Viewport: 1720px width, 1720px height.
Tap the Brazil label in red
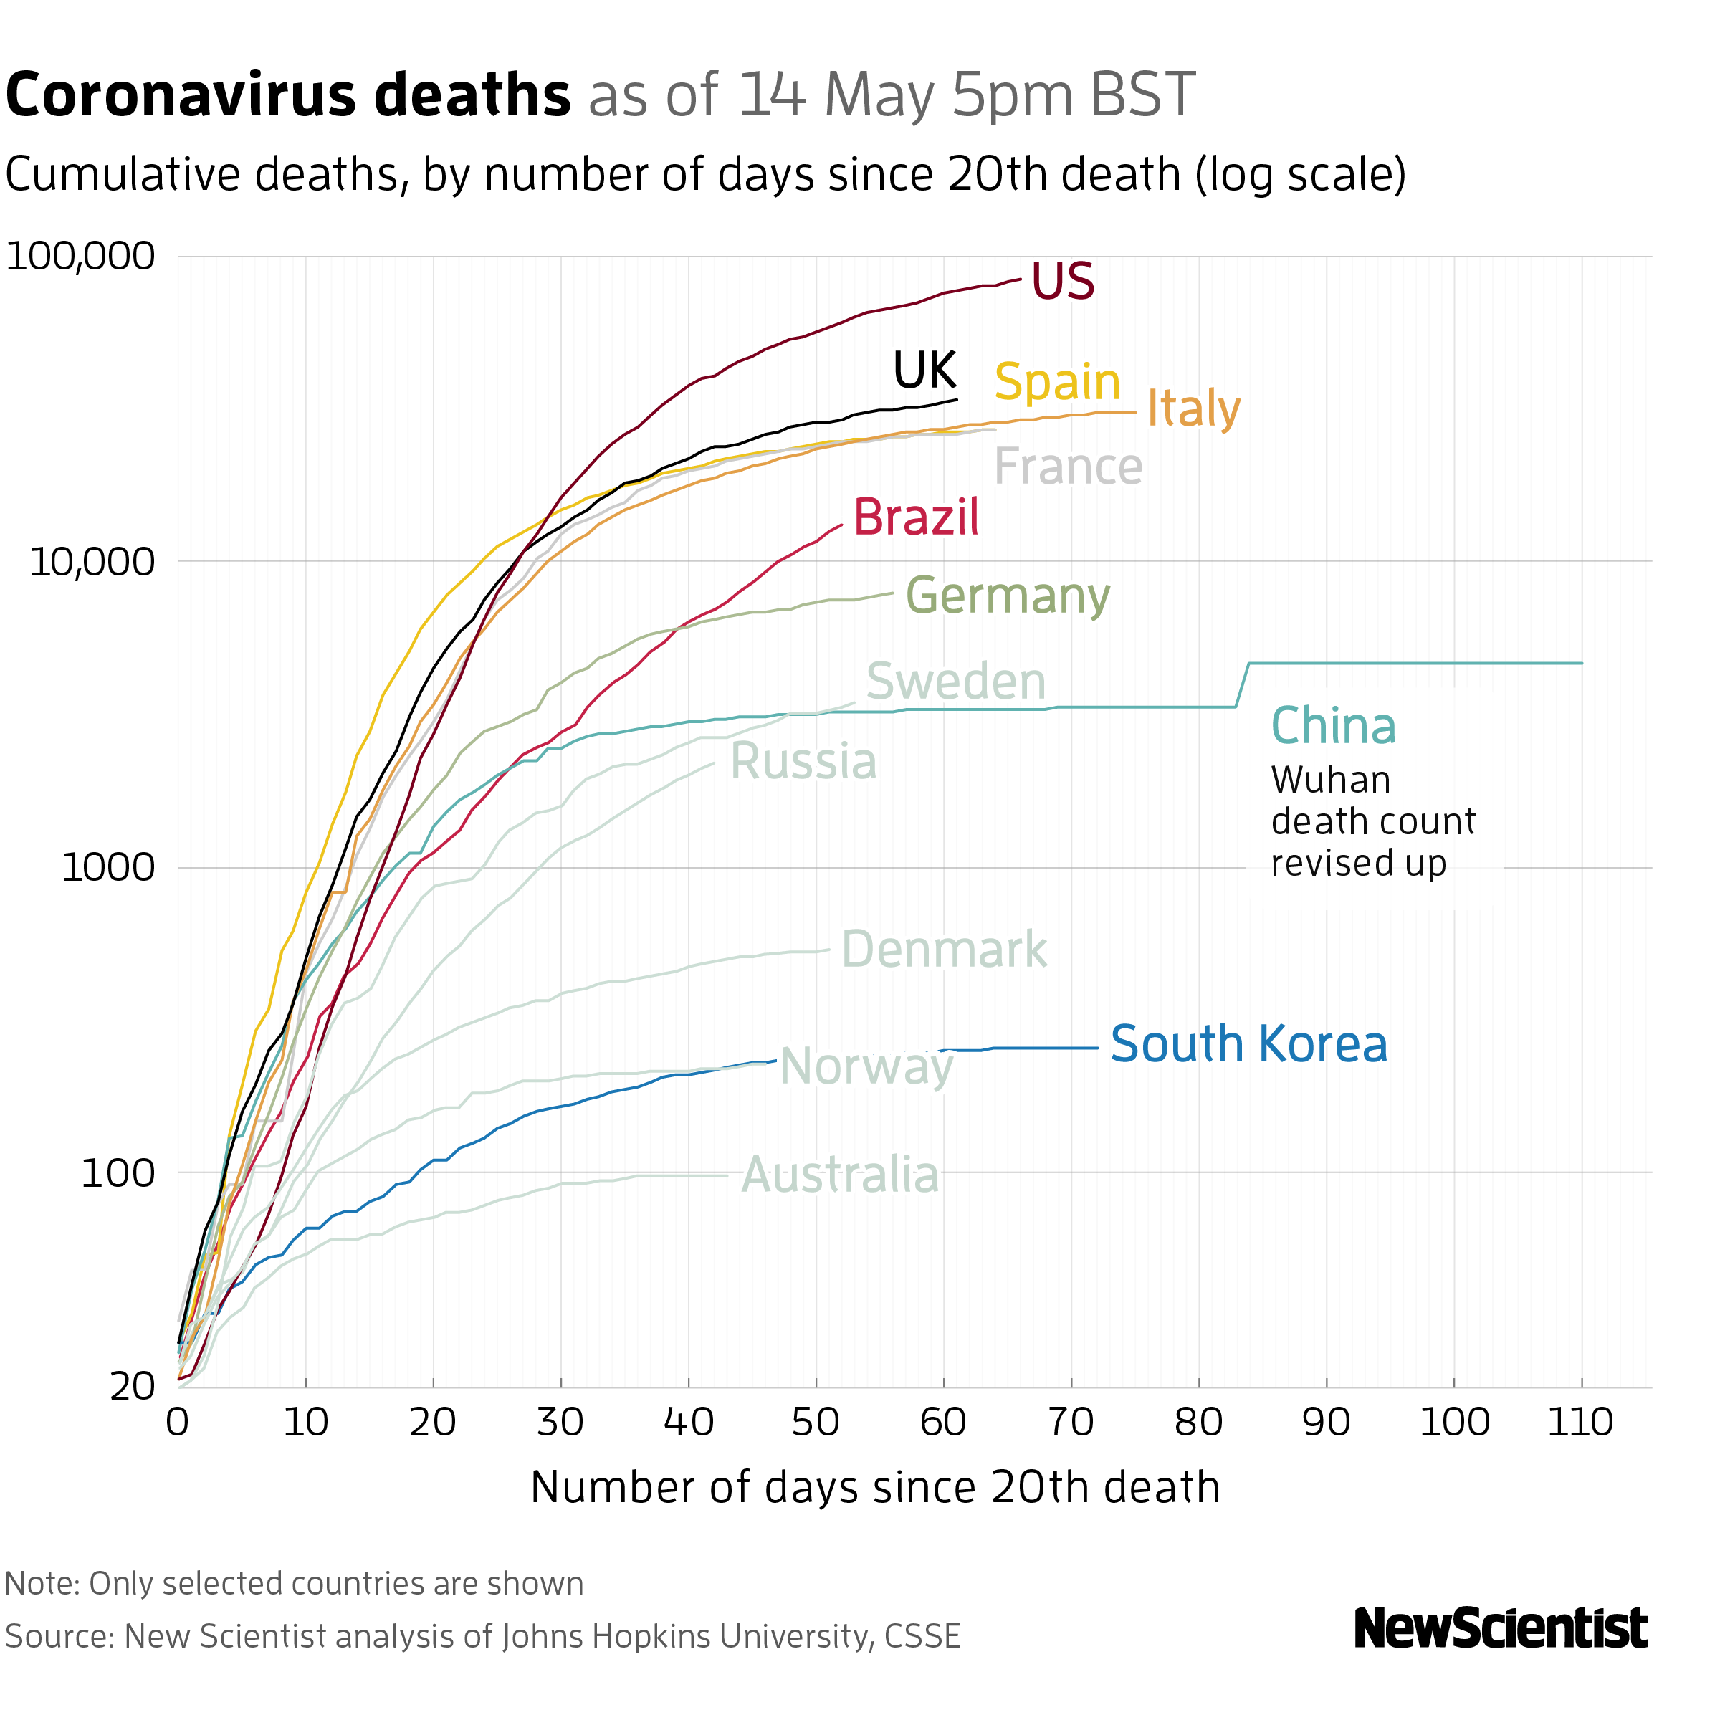(x=916, y=517)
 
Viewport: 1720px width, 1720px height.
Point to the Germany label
(x=1008, y=595)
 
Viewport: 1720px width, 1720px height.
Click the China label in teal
(x=1333, y=725)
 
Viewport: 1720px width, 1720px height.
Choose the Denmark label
(x=944, y=949)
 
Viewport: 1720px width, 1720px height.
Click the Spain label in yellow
(x=1057, y=382)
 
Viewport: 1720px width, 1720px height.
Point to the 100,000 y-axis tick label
(x=80, y=257)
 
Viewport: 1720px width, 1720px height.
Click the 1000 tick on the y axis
(x=107, y=867)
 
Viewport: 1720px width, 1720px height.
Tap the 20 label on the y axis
(x=132, y=1387)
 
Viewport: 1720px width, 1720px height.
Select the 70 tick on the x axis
(x=1071, y=1422)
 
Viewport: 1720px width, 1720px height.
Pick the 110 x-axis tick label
(x=1580, y=1422)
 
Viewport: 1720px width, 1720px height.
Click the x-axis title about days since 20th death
(x=874, y=1488)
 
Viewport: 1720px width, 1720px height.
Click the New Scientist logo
(x=1500, y=1628)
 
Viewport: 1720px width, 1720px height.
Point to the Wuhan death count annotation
(x=1372, y=821)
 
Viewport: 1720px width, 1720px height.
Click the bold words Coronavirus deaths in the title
(x=287, y=95)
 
